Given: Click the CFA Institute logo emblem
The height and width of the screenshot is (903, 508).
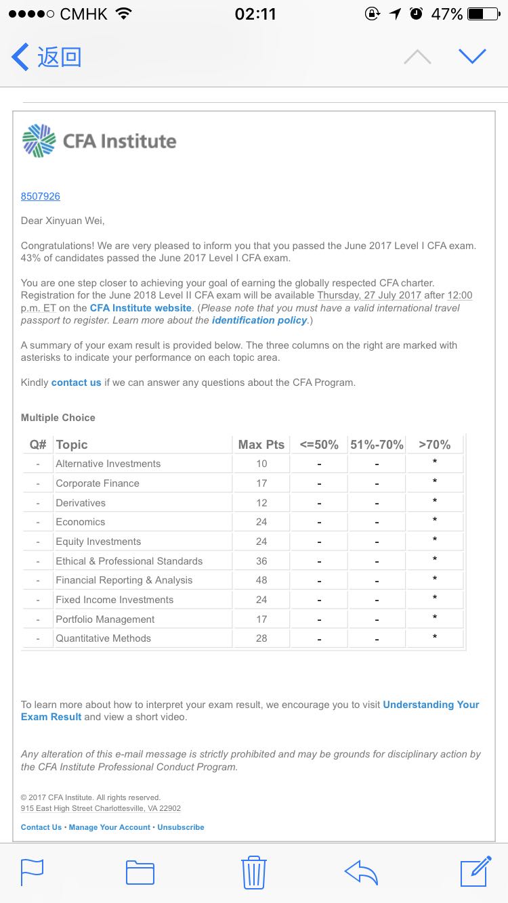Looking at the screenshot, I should pos(39,141).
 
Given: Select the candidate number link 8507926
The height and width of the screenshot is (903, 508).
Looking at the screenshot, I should pos(41,196).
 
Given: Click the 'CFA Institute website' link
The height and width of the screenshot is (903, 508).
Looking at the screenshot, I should pos(141,308).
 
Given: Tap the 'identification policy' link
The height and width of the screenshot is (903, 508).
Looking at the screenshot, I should pos(259,320).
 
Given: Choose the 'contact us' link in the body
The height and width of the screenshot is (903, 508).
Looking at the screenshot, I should pos(77,382).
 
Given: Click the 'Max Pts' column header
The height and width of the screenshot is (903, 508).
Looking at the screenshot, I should pos(261,445).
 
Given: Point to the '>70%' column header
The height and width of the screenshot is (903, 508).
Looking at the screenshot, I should pos(434,445).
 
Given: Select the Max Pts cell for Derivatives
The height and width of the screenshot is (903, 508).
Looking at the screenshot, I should pos(261,503).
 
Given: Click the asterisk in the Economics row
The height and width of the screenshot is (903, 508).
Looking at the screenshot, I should pos(434,521).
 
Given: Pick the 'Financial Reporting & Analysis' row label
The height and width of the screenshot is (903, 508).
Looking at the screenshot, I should pos(124,580).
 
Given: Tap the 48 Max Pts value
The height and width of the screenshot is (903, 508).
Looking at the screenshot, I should pos(261,580).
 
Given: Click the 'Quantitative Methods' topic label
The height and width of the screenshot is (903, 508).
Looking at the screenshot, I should pos(104,638).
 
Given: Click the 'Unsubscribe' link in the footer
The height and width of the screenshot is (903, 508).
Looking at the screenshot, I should pos(181,827).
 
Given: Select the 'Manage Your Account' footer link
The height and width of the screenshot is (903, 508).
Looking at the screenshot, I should pos(110,827).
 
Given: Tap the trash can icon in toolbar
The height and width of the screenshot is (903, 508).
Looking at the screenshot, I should pos(253,872).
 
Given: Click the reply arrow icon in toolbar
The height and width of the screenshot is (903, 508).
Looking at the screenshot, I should pos(361,872).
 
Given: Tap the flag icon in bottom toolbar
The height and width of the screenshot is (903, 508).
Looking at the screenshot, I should pos(32,872).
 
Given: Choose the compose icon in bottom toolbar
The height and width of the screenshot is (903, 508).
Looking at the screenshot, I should pos(475,871).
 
